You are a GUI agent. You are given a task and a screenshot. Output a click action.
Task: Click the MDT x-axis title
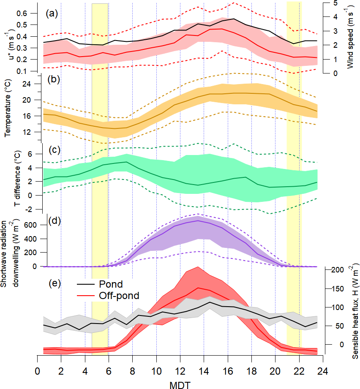pos(180,383)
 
